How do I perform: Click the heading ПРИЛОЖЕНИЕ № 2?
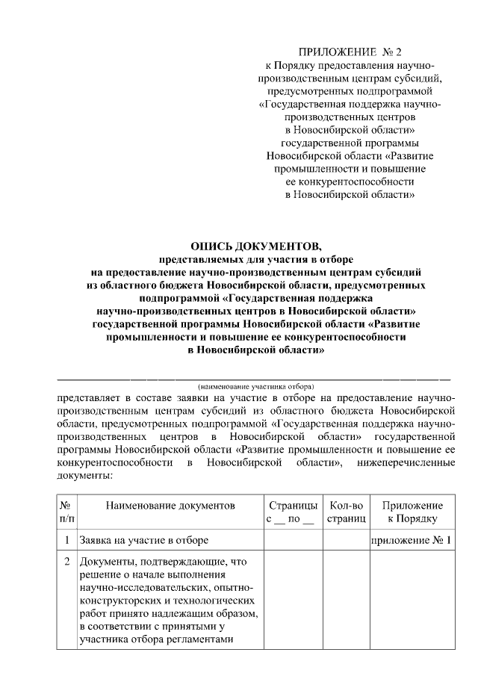pos(350,52)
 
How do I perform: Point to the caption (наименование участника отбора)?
pos(255,386)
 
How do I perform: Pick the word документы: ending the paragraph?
pos(84,475)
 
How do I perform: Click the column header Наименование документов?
pos(170,506)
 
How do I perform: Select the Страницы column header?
pos(291,506)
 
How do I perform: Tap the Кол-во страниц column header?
pos(346,512)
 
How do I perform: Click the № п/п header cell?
pos(66,512)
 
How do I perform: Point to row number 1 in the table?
pos(66,539)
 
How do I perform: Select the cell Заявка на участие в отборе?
pos(143,539)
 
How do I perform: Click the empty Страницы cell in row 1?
pos(291,539)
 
